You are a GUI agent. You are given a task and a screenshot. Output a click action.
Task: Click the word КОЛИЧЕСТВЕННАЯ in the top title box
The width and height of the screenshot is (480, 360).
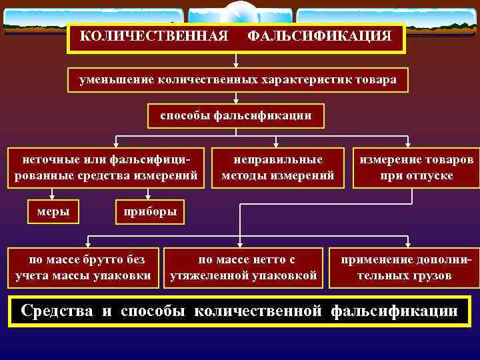(x=155, y=35)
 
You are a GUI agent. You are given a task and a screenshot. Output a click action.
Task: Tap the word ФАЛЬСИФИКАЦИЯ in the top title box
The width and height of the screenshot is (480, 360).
(x=319, y=35)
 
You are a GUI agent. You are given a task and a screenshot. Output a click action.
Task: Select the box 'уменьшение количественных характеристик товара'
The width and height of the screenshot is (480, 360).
(x=237, y=80)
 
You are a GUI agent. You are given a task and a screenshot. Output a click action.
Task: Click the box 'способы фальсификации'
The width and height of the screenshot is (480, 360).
(x=235, y=116)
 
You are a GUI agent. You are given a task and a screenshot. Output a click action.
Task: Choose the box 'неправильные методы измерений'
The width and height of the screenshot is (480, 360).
(x=277, y=167)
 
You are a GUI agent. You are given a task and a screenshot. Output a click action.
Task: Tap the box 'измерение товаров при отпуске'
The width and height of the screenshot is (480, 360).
(x=417, y=167)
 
